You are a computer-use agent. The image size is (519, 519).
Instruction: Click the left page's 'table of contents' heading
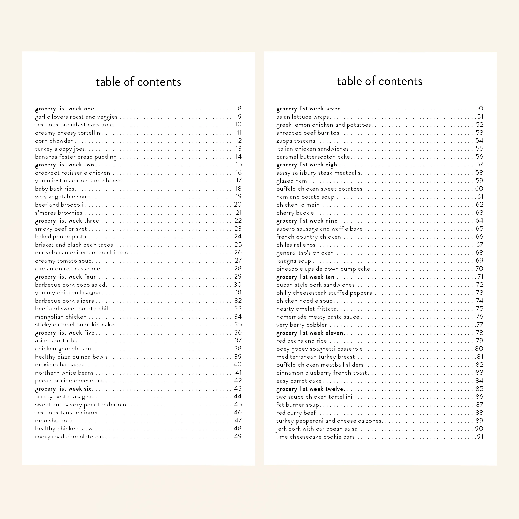138,82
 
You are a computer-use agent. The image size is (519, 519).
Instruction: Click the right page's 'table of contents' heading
379,81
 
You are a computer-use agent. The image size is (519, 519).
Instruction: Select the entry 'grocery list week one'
64,109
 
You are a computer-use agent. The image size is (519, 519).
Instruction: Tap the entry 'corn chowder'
54,141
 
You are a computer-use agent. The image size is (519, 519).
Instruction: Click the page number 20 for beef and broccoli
238,205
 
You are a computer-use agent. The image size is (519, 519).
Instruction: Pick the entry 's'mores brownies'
59,213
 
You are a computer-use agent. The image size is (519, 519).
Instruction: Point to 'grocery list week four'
65,277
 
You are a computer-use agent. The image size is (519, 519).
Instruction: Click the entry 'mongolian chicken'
61,317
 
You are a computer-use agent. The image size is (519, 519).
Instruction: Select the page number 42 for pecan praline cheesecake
238,380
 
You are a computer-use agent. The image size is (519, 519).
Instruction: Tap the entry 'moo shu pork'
54,421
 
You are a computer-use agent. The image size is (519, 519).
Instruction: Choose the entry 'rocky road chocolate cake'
71,437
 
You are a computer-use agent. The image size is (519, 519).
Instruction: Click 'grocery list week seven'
308,109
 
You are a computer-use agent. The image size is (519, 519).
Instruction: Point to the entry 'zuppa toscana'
296,141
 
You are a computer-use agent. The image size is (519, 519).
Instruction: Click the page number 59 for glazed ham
479,180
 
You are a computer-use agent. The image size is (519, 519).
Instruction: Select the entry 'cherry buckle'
295,213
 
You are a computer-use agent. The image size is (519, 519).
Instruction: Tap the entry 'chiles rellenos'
296,245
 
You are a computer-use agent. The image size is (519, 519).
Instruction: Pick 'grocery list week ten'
305,277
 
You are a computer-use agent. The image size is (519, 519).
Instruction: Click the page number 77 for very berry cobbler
479,325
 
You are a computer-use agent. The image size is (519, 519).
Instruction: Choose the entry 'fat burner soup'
297,405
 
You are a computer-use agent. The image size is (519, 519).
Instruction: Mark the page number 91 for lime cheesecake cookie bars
480,437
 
